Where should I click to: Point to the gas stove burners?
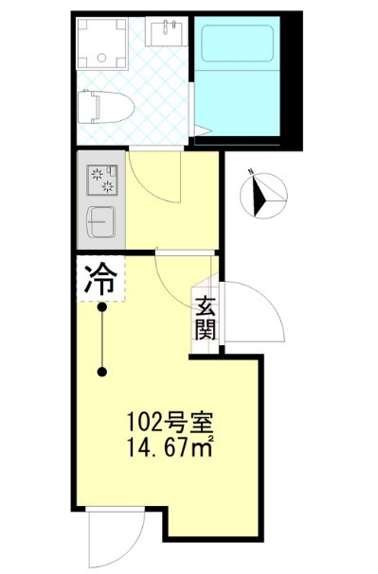click(103, 179)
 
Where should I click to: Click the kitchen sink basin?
click(101, 221)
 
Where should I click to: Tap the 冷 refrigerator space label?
click(100, 279)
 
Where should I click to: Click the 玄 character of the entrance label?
click(207, 305)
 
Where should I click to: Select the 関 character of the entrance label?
click(207, 329)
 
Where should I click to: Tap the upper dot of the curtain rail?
click(102, 306)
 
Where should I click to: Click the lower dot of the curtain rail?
click(102, 372)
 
